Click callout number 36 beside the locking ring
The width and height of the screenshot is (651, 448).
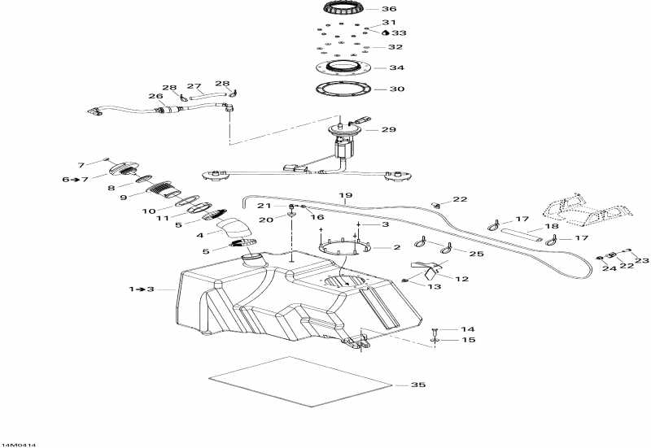[x=390, y=9]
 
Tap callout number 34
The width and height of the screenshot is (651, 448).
[x=396, y=68]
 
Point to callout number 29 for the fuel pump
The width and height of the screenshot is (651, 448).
[x=388, y=129]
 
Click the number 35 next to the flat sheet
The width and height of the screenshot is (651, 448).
[x=418, y=385]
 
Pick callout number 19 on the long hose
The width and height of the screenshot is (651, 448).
[x=345, y=196]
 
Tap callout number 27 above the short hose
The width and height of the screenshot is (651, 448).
[x=194, y=86]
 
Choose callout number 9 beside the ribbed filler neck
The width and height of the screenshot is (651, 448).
[x=124, y=197]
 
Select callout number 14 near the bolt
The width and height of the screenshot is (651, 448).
[x=467, y=329]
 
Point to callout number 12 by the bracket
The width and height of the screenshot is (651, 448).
[x=461, y=279]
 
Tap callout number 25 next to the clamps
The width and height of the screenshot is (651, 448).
[x=476, y=254]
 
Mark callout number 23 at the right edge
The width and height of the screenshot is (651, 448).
[x=642, y=260]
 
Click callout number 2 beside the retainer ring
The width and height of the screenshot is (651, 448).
[x=396, y=247]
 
